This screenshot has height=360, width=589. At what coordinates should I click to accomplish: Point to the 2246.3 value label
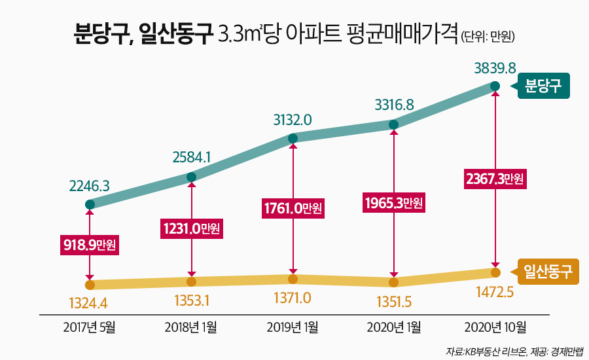(x=89, y=187)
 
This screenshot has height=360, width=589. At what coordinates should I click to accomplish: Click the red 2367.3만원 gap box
(x=495, y=179)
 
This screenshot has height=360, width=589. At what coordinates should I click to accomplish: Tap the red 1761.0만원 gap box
(x=293, y=209)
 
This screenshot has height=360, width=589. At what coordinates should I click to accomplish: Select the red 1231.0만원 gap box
(x=190, y=228)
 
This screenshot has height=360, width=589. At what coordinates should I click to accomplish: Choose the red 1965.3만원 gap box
(x=393, y=203)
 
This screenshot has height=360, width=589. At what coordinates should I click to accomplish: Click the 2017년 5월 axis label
(x=89, y=327)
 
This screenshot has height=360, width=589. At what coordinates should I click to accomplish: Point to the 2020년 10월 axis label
(x=495, y=327)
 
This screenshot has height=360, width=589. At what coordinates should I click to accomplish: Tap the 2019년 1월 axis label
(x=293, y=327)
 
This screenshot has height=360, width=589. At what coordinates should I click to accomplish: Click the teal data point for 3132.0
(x=293, y=138)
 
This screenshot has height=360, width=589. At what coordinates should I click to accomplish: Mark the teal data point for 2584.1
(x=191, y=177)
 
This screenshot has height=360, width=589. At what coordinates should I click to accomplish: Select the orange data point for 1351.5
(x=393, y=283)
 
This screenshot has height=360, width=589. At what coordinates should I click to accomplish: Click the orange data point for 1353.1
(x=191, y=281)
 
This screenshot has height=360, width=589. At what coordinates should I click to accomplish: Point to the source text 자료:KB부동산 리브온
(x=484, y=351)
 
